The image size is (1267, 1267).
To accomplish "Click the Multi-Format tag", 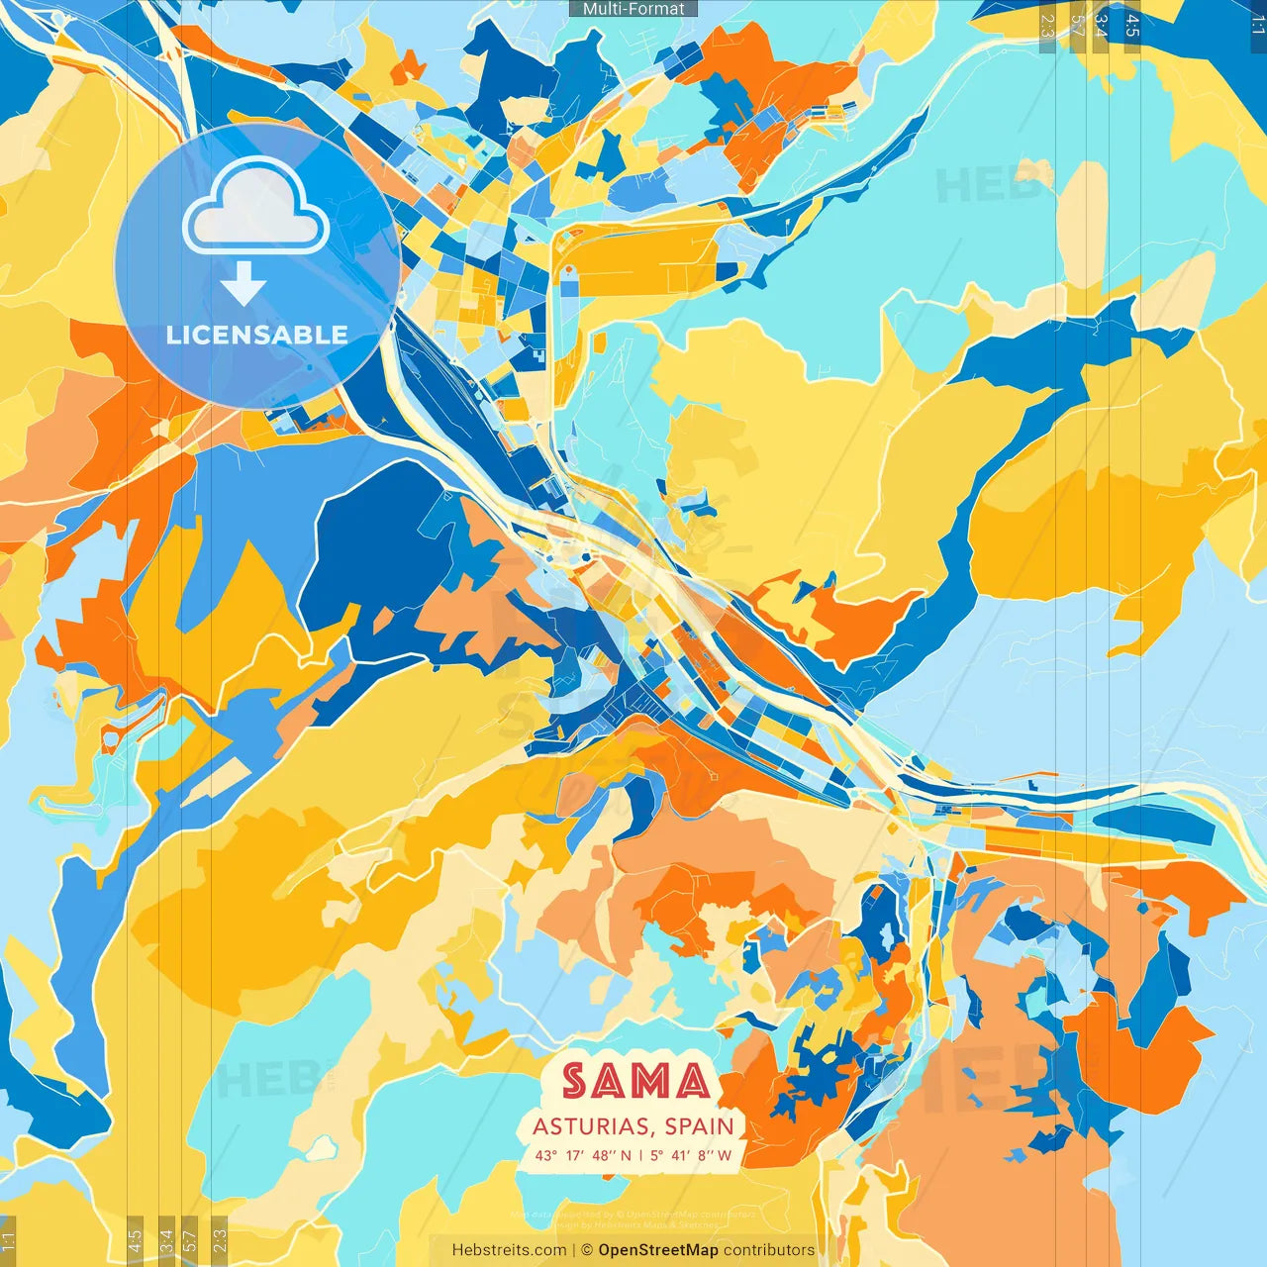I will coord(633,9).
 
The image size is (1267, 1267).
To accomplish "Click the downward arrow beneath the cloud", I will coord(243,285).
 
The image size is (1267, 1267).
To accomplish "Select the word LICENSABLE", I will coord(256,335).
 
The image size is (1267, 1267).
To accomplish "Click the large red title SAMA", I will coord(636,1082).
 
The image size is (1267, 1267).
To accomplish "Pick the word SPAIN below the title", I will coord(699,1126).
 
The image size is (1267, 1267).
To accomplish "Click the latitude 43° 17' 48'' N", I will coord(583,1155).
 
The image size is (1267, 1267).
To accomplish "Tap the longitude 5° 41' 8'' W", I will coord(692,1155).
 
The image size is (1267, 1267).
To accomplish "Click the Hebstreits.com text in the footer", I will coord(509,1250).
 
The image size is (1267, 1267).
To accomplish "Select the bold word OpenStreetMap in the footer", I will coord(658,1250).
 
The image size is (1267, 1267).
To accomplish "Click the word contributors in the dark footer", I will coord(769,1250).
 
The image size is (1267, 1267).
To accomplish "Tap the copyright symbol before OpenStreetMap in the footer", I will coord(586,1250).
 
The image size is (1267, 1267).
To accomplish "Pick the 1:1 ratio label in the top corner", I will coord(1257,22).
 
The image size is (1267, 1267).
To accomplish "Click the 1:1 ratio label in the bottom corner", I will coord(8,1241).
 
